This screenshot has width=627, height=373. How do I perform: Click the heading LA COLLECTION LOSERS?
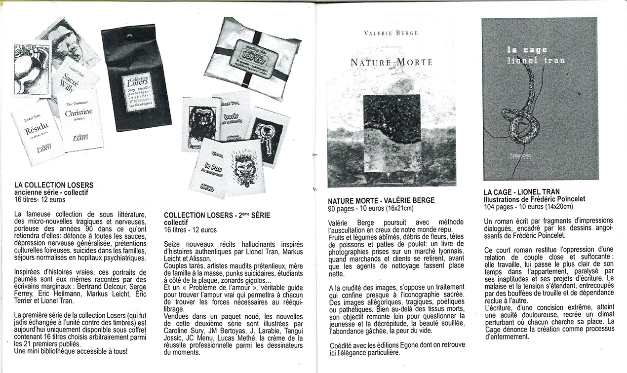coord(54,186)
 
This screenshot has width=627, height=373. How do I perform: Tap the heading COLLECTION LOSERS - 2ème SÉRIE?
coord(217,216)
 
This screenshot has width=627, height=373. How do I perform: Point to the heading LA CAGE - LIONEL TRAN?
coord(521,192)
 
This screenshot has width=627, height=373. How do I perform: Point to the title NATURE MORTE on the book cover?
coord(391,63)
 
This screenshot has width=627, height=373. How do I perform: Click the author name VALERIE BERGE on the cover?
coord(391,33)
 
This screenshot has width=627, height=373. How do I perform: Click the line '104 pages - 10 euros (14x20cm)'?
coord(528,207)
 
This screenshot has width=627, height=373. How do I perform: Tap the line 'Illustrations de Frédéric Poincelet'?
coord(534,199)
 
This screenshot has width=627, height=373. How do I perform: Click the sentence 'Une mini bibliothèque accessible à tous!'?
coord(71,351)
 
